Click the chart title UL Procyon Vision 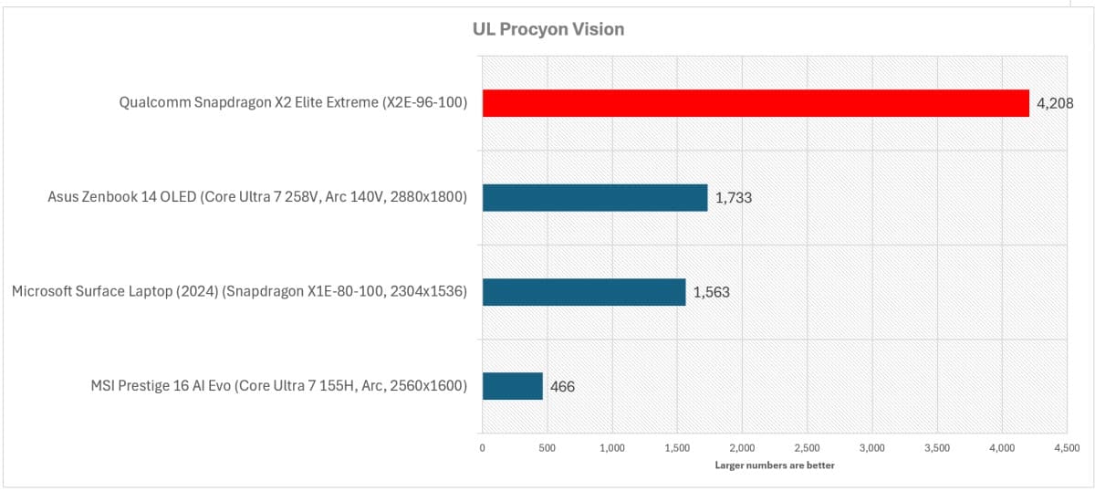[547, 29]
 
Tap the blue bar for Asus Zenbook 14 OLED [595, 197]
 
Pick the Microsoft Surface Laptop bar [584, 292]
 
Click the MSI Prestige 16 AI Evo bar [512, 386]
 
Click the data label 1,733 [733, 197]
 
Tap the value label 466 [562, 387]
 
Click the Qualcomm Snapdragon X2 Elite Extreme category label [293, 103]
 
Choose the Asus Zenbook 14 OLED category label [257, 197]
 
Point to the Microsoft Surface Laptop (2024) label [239, 292]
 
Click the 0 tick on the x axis [482, 448]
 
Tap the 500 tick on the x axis [547, 448]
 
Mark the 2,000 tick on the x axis [742, 448]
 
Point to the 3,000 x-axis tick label [872, 448]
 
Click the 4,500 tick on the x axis [1067, 448]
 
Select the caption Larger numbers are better [774, 465]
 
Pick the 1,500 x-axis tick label [677, 448]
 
